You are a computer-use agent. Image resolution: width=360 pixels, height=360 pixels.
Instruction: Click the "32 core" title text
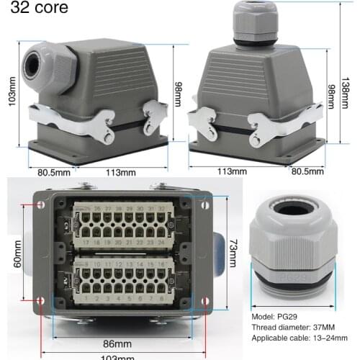(38, 9)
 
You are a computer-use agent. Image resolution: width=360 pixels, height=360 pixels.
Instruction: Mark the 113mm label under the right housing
(231, 173)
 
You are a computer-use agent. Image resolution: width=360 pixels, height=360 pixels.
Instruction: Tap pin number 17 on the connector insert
(86, 243)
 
